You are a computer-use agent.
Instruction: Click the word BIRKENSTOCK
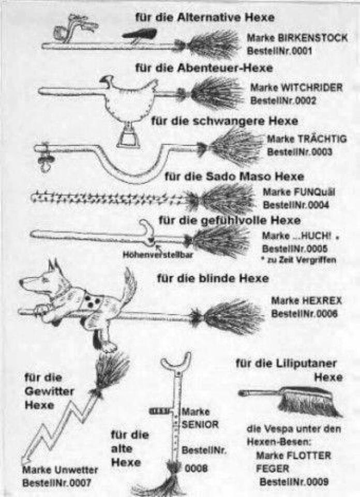312,38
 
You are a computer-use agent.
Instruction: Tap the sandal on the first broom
139,35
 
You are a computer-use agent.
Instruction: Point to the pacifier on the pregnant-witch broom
44,157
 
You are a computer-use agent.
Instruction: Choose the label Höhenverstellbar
157,255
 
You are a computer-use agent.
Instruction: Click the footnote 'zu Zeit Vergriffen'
302,260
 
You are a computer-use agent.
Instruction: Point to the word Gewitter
49,391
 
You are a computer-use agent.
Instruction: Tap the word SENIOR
200,425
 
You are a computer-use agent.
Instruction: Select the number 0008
196,468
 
